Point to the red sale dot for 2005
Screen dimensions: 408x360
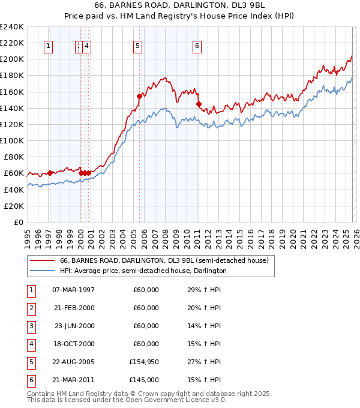pos(139,96)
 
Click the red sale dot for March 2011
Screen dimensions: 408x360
pos(198,104)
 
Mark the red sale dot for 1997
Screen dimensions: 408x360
pos(50,173)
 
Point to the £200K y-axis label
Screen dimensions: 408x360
pos(12,59)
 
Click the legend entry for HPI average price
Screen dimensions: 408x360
pos(143,271)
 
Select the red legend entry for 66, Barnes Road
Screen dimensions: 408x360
pos(167,261)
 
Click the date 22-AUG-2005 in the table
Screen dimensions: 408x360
pos(74,362)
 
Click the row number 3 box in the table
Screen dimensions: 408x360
pos(31,326)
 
